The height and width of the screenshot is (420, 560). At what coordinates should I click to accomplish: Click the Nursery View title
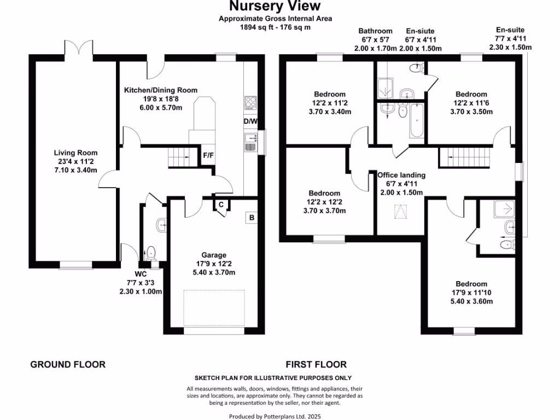coord(275,7)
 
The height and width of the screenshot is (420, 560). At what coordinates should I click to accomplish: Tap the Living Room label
coord(75,153)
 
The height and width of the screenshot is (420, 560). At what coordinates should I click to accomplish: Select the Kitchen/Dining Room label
coord(161,90)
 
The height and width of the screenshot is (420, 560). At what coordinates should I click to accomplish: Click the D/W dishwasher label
coord(250,121)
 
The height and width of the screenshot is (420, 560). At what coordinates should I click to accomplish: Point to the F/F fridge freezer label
coord(208,155)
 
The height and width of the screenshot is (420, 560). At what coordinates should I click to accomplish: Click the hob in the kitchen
coord(250,102)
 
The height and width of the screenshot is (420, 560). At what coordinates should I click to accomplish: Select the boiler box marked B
coord(252,217)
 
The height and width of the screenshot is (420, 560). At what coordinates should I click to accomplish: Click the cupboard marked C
coord(221,205)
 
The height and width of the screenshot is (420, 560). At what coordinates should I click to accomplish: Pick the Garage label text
coord(214,255)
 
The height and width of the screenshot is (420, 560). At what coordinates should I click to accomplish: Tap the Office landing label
coord(401,175)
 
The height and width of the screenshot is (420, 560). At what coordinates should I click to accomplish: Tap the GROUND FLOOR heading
coord(67,364)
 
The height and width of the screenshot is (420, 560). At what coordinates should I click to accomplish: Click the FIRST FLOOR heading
coord(316,364)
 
